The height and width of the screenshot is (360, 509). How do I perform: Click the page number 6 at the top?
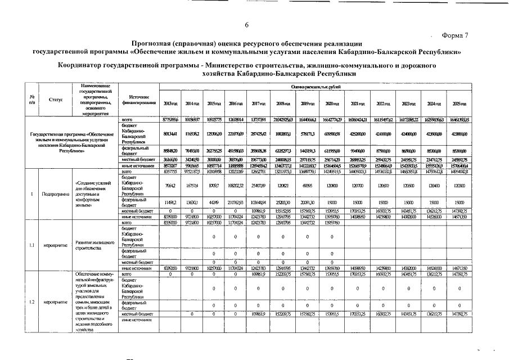coord(246,24)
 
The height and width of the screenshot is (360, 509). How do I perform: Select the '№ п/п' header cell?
coord(31,99)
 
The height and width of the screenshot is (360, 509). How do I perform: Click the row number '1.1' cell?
coord(31,245)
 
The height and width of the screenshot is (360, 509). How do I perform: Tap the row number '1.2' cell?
coord(31,301)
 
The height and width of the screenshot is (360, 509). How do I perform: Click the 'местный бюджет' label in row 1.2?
coord(137,314)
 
